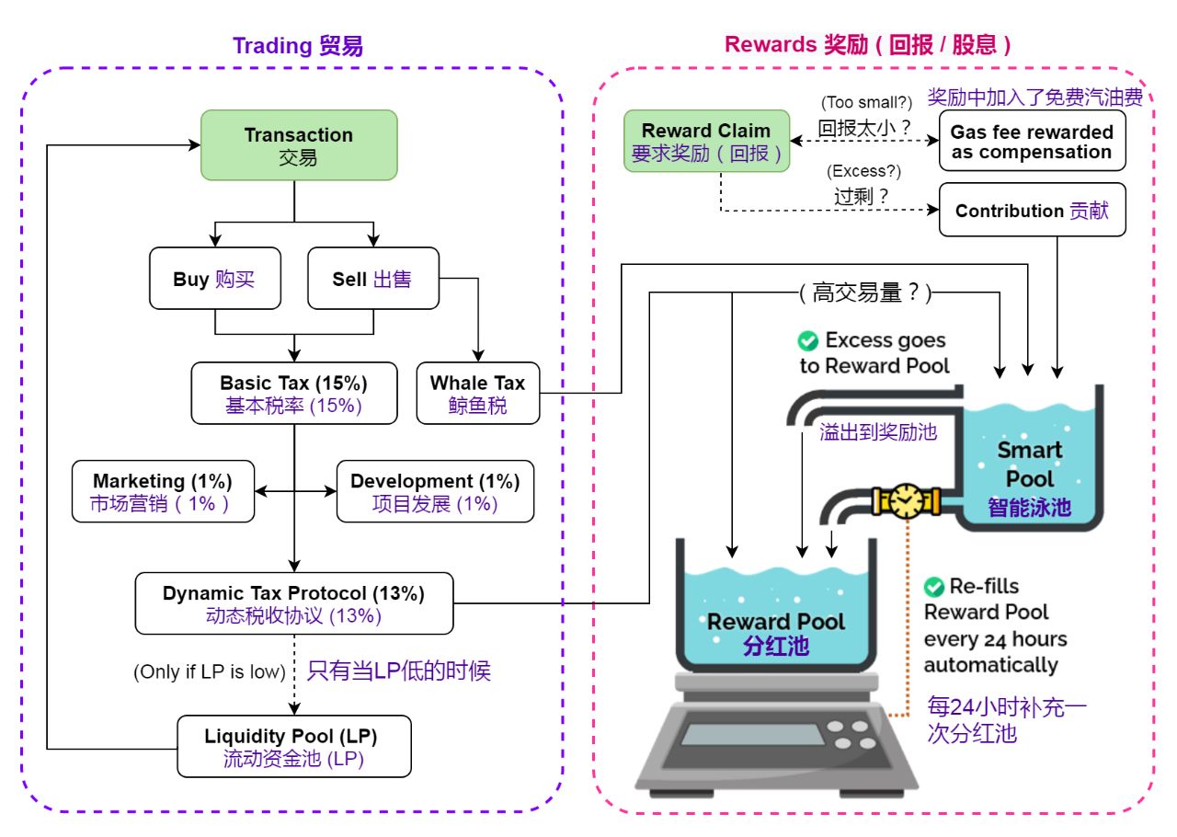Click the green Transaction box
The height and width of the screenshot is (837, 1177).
[299, 145]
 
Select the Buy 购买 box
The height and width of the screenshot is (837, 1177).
[213, 279]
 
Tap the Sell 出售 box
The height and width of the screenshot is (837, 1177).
[372, 279]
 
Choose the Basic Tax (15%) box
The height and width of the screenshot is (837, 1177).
[294, 393]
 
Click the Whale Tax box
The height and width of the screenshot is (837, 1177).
[477, 393]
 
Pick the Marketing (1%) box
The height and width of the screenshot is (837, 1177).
[163, 491]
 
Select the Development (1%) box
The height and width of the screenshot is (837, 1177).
[435, 491]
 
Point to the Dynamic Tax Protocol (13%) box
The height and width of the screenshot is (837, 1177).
[294, 603]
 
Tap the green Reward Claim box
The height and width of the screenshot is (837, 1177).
[706, 142]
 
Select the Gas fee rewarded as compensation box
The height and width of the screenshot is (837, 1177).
[1032, 142]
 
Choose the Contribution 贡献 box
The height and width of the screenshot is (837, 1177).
[1032, 211]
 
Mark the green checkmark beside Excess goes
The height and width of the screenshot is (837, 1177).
[807, 341]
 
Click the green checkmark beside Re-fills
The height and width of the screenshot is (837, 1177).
[934, 586]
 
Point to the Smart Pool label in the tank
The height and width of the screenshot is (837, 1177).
[1030, 464]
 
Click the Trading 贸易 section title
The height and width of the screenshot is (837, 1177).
[298, 46]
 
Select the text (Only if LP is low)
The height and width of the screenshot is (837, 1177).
[210, 671]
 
